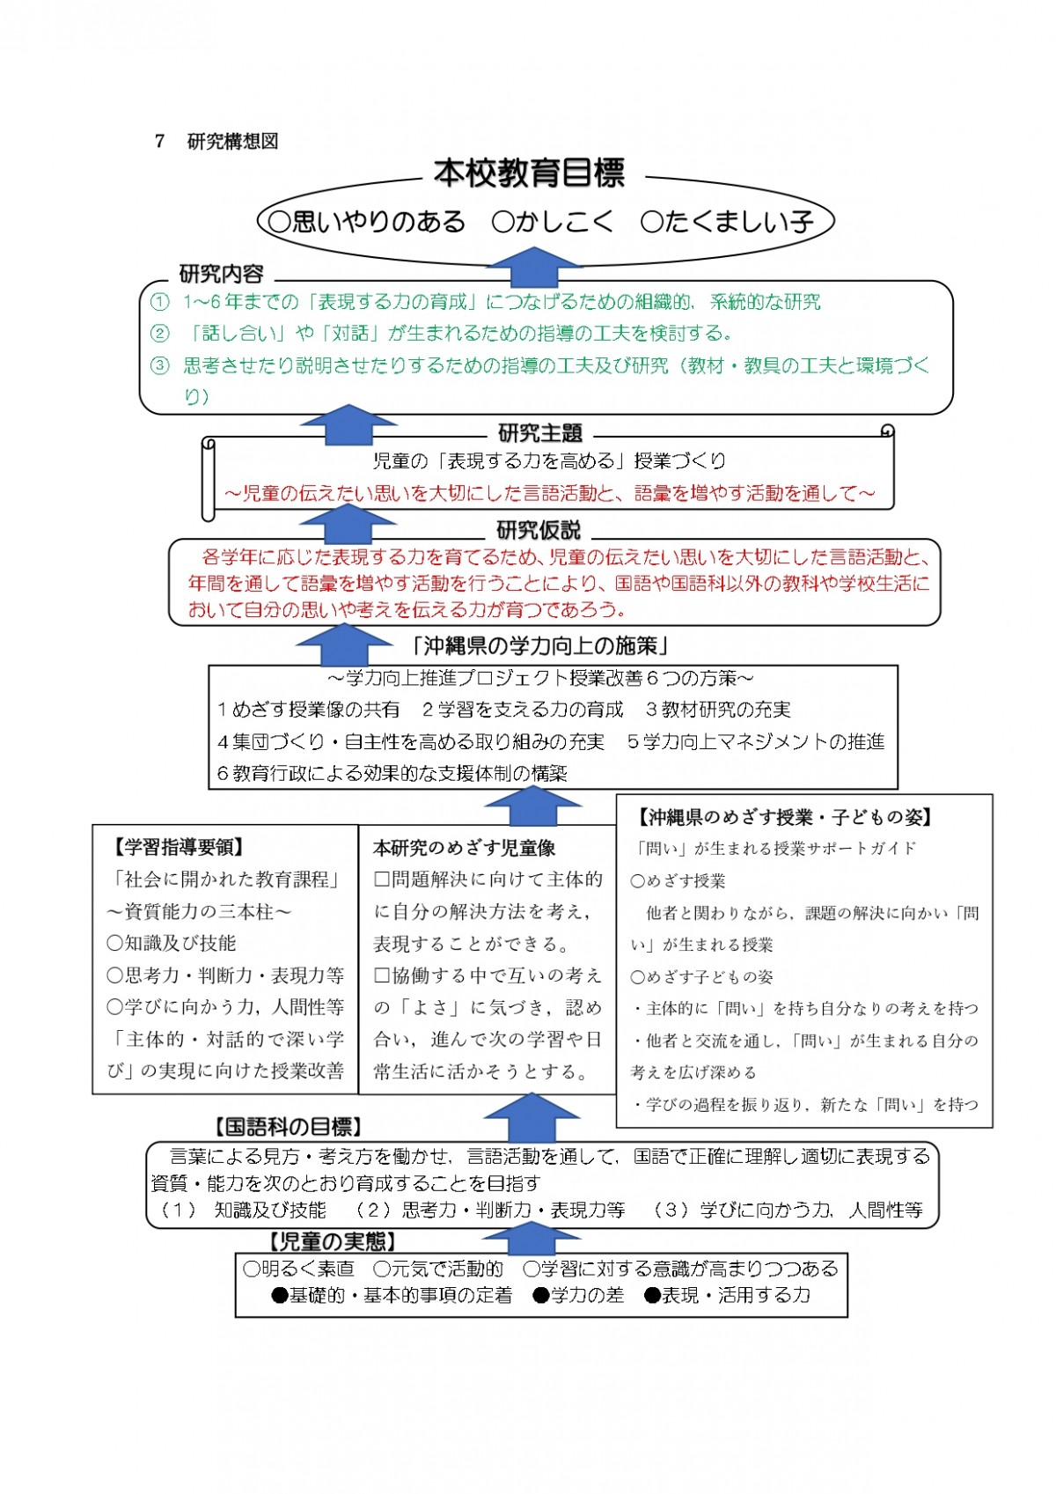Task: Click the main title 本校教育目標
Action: coord(530,173)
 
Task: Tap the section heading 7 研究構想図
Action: coord(216,142)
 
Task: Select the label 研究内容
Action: coord(222,274)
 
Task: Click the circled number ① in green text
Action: coord(159,302)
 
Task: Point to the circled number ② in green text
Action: coord(159,333)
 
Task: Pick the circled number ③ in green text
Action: coord(159,364)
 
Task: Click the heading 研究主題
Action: coord(540,433)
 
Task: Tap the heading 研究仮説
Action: coord(539,531)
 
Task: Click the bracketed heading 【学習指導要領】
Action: coord(178,848)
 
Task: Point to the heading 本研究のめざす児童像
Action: coord(464,849)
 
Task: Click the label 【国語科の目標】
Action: coord(288,1127)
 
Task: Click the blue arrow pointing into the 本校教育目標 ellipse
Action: coord(534,268)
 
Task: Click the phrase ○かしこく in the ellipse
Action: coord(552,222)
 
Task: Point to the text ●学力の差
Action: coord(579,1296)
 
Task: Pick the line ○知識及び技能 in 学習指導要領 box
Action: coord(172,943)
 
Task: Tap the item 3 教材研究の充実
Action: coord(718,710)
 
